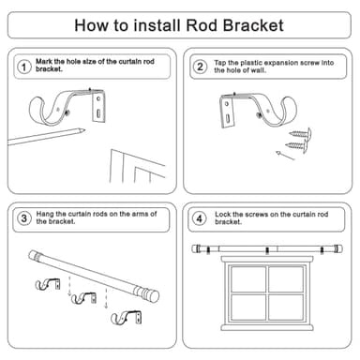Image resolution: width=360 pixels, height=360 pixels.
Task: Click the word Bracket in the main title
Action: (x=253, y=25)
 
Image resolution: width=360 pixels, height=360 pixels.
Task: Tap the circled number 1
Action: (x=23, y=67)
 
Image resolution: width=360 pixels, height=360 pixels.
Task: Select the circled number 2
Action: (x=200, y=67)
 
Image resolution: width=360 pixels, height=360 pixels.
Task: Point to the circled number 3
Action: (x=23, y=218)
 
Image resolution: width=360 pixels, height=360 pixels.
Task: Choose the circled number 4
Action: (x=199, y=218)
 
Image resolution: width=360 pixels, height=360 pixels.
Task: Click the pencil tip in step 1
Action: (x=83, y=130)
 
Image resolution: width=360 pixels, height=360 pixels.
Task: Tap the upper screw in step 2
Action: (x=300, y=134)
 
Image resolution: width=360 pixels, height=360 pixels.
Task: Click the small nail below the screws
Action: (x=285, y=156)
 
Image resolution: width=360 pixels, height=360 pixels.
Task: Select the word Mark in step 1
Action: (x=44, y=61)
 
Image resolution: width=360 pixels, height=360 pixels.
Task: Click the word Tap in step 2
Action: (x=220, y=63)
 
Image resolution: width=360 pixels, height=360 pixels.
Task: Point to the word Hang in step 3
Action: (x=45, y=214)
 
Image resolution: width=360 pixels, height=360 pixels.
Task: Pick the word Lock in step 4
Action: (x=222, y=215)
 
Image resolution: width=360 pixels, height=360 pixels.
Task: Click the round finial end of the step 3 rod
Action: (x=154, y=296)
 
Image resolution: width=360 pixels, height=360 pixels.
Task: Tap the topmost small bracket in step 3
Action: (x=48, y=284)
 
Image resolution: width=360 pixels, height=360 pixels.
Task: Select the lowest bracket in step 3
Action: (x=127, y=317)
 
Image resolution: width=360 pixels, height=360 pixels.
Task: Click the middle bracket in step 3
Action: (x=83, y=298)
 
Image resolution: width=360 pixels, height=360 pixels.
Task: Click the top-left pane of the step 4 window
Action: (x=248, y=279)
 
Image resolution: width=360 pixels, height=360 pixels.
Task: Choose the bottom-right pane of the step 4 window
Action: (x=286, y=307)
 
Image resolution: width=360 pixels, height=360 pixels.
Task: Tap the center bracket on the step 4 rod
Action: (x=267, y=250)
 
